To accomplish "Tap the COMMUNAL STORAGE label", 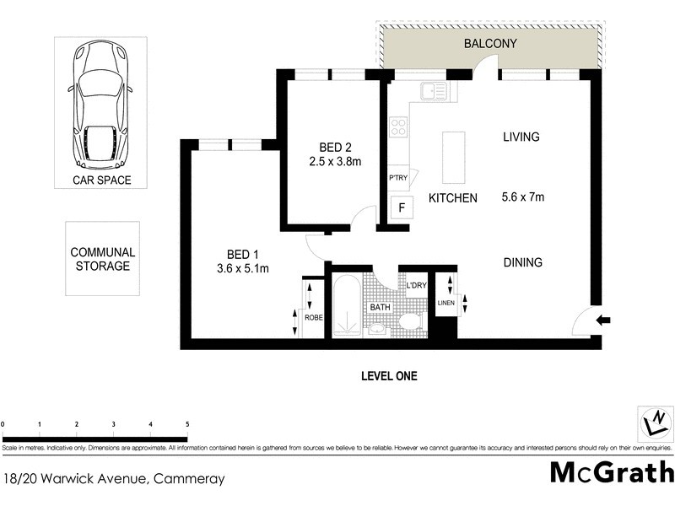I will (103, 259).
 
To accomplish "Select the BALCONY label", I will (489, 43).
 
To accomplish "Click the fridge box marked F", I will (401, 207).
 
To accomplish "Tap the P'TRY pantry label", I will (397, 179).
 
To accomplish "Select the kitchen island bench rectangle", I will (454, 158).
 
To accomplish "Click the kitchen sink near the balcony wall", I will (434, 89).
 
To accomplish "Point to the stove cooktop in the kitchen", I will (397, 127).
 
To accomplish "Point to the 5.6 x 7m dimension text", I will (522, 198).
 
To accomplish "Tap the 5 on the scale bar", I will (187, 424).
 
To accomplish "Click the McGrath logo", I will (611, 472).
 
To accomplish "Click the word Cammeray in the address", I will (191, 479).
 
